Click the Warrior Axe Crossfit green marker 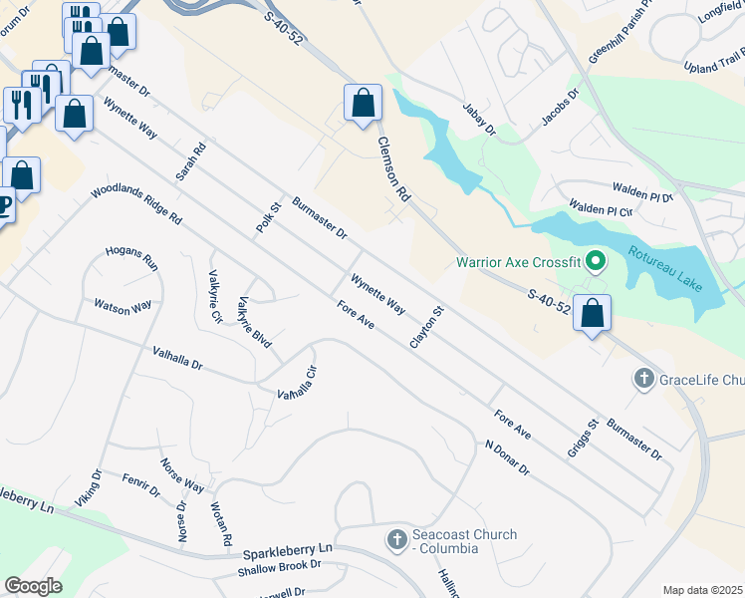point(596,262)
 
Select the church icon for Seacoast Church point(396,541)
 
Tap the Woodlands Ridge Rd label point(136,203)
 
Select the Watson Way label point(123,307)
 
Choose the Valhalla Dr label point(177,359)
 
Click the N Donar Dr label point(507,457)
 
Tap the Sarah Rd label point(190,161)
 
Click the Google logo point(33,586)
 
